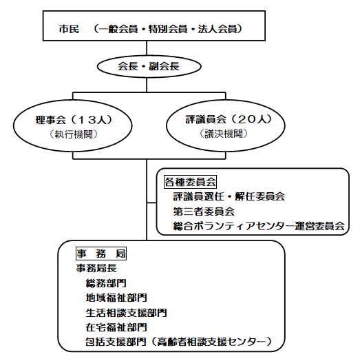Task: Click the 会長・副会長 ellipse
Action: click(149, 56)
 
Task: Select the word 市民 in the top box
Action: click(69, 29)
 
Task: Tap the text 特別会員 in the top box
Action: click(168, 29)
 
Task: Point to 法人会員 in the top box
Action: click(218, 29)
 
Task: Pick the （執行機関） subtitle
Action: click(74, 134)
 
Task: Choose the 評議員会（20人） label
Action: click(229, 119)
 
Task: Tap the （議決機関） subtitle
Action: click(224, 134)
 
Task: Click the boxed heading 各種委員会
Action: click(190, 182)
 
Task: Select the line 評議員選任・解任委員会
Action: click(229, 196)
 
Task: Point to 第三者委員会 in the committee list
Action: click(204, 212)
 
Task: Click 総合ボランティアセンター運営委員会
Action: click(259, 226)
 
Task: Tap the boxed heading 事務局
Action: click(101, 254)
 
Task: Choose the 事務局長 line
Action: click(96, 268)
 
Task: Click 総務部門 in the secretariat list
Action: click(106, 283)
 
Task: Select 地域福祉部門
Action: click(116, 298)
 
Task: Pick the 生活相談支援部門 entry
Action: click(126, 313)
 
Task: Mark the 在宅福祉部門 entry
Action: click(116, 327)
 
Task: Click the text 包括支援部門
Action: click(116, 342)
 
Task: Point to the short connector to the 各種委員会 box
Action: click(151, 203)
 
